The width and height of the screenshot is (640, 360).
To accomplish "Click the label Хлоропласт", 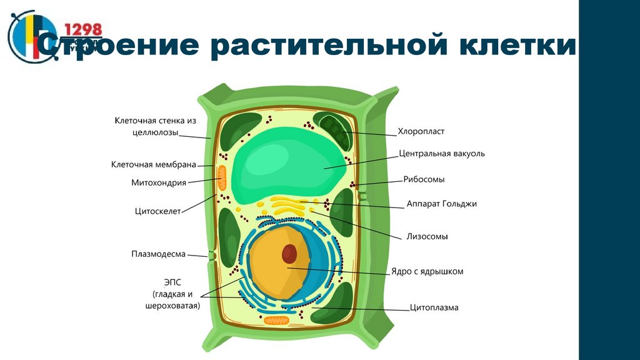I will coord(421,132).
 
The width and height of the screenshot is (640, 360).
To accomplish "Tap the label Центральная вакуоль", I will coord(441,153).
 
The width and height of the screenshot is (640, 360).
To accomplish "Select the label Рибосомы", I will coord(424,179).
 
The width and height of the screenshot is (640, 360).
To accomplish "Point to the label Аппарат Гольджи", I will coord(441,204).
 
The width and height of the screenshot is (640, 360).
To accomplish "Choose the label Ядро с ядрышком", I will coord(427,272).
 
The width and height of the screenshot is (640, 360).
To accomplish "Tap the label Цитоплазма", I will coord(434,307).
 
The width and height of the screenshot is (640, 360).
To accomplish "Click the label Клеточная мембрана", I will coord(153,165).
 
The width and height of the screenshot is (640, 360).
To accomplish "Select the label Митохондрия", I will coord(159,183).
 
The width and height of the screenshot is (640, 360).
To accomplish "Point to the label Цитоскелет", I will coord(157,211).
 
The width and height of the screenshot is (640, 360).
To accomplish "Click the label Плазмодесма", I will coord(158,254).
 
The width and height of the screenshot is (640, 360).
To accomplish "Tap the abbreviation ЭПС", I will coord(172,282).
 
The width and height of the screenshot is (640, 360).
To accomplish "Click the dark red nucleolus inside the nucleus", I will coord(289,253).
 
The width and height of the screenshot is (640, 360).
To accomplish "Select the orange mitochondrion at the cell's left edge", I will coord(222,179).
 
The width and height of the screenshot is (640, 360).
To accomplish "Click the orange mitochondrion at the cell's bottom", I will coord(276,320).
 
